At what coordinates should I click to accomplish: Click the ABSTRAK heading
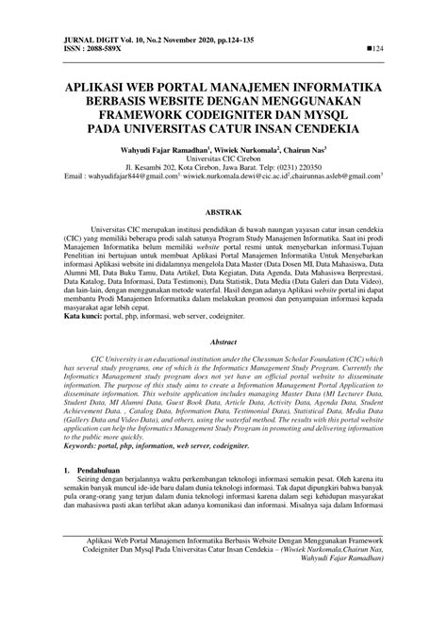tap(223, 214)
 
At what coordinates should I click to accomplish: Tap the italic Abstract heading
tap(223, 368)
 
